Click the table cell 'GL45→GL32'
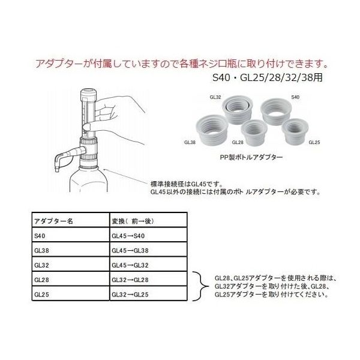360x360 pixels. [131, 265]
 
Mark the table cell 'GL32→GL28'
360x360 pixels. [131, 280]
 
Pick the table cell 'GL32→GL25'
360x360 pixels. [131, 295]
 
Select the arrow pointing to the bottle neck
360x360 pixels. [126, 178]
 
